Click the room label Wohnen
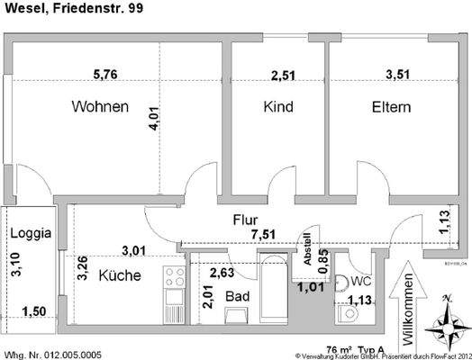tap(100, 107)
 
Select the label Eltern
tap(391, 107)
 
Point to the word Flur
tap(246, 220)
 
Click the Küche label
tap(120, 275)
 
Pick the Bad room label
tap(236, 295)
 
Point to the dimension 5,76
tap(106, 76)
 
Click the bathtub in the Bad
tap(272, 292)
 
